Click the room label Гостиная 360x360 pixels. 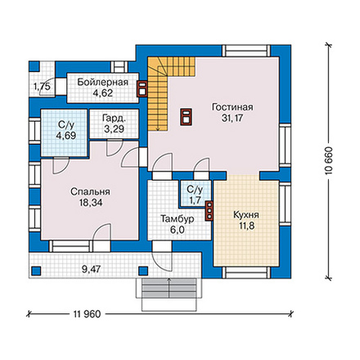pos(232,107)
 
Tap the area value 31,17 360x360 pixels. pos(232,119)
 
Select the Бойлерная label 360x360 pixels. pos(102,83)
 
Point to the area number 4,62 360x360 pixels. pos(102,93)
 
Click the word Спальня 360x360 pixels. pos(90,191)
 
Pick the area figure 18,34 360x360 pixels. pos(90,203)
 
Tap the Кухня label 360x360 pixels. pos(246,215)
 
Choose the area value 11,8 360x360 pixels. pos(246,226)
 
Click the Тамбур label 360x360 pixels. pos(178,219)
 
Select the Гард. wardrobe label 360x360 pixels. pos(115,118)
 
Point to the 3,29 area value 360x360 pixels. pos(115,128)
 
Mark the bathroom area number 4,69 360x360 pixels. pos(66,135)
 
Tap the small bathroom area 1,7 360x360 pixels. pos(195,200)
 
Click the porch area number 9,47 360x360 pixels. pos(92,269)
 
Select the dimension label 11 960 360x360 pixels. pos(87,314)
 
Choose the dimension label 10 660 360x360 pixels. pos(329,161)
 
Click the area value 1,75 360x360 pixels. pos(42,87)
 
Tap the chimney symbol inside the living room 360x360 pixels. pos(187,117)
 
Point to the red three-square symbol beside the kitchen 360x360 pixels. pos(209,210)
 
